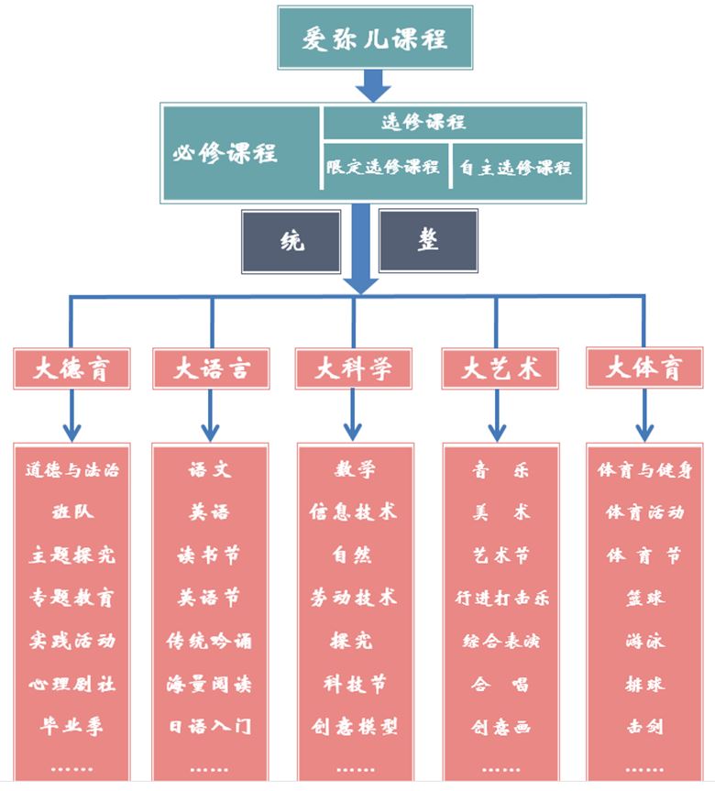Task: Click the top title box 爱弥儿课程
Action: click(x=375, y=38)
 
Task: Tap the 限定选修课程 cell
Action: click(x=384, y=167)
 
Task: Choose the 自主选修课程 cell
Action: click(x=516, y=167)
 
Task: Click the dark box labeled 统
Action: click(x=291, y=241)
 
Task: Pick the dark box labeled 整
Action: click(x=428, y=240)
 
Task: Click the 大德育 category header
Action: click(x=71, y=368)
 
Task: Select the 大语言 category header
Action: click(x=211, y=368)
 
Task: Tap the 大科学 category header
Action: click(x=354, y=368)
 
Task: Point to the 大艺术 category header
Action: click(x=500, y=368)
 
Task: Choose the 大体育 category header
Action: click(x=645, y=368)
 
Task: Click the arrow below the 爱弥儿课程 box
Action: click(x=373, y=87)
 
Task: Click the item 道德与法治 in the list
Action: click(x=72, y=471)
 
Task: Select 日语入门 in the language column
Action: click(x=210, y=727)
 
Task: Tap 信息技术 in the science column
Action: click(x=354, y=512)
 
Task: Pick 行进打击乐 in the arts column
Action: click(x=501, y=599)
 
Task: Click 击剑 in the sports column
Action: click(x=645, y=727)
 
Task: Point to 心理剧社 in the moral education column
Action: click(x=72, y=684)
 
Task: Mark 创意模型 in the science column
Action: click(x=354, y=727)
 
